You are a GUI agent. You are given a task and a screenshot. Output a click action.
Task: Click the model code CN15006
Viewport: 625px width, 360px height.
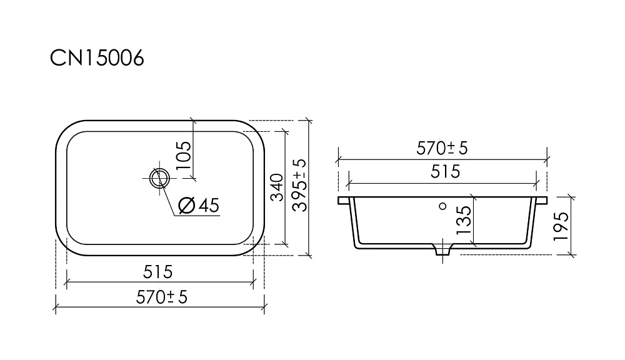(x=97, y=58)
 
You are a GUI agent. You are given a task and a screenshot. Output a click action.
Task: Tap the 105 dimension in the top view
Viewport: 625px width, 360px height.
(x=184, y=155)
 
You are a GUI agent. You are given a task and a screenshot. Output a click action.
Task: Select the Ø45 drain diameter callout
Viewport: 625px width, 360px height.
(x=199, y=206)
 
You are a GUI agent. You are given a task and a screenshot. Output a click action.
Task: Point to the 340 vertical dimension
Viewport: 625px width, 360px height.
(x=277, y=187)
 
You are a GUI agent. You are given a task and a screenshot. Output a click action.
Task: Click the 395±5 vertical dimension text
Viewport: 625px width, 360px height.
(x=300, y=185)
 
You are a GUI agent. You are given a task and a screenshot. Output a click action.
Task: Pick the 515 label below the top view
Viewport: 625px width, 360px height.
(x=158, y=272)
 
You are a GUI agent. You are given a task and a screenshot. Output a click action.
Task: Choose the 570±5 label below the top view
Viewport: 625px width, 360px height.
(x=161, y=297)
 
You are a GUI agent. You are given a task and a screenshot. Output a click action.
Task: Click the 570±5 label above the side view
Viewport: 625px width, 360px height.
(x=442, y=148)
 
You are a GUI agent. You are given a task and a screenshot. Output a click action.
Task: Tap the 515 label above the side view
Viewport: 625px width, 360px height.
(x=445, y=172)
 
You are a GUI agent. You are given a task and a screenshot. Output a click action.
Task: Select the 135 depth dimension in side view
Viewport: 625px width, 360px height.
(x=464, y=221)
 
